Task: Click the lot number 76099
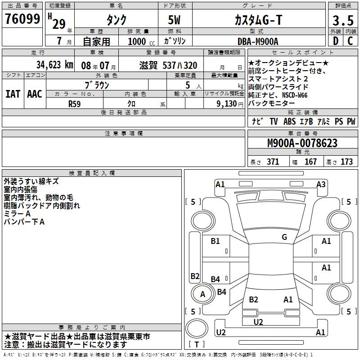click(x=22, y=19)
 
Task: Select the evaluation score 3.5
click(x=343, y=21)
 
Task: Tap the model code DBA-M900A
click(x=258, y=41)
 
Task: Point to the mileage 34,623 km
click(x=54, y=65)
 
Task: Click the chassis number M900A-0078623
click(x=302, y=143)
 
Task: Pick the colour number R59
click(x=74, y=104)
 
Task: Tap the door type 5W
click(x=174, y=20)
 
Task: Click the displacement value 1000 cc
click(x=141, y=41)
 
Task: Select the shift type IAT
click(x=13, y=94)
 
